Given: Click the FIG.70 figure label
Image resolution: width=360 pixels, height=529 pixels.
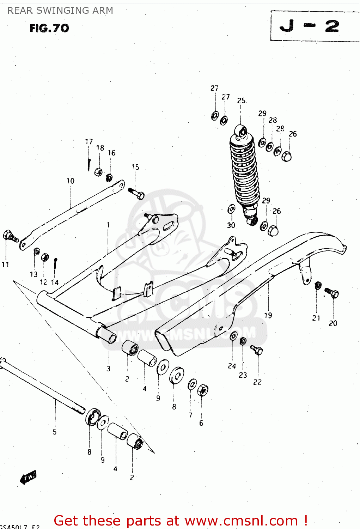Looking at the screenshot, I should point(49,28).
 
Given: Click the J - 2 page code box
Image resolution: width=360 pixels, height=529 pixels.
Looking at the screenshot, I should point(310,26).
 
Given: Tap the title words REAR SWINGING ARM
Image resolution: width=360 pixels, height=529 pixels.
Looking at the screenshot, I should point(60,11).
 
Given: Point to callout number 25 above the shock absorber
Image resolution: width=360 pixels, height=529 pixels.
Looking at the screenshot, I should point(241,101).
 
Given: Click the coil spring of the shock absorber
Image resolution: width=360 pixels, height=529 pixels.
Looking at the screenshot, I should point(244,169).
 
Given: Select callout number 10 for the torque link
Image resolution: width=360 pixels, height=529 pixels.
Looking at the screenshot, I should point(71,181).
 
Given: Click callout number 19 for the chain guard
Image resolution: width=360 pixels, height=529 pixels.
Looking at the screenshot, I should point(268,315).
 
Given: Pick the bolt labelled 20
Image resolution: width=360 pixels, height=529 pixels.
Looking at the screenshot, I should point(331,293).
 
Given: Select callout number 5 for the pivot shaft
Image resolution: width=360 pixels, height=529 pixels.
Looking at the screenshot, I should point(55,432).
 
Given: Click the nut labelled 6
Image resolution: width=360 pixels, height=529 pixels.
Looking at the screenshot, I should point(202,390).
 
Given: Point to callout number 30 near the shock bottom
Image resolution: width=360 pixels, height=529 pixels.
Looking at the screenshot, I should point(231,225).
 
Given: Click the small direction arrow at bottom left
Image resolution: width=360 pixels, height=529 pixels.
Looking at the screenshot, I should point(28,478).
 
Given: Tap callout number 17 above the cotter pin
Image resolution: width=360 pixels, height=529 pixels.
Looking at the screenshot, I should point(89,141).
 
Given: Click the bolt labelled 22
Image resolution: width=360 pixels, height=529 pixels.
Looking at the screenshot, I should point(257,350).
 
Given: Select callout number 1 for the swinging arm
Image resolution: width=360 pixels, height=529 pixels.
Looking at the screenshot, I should point(108,224).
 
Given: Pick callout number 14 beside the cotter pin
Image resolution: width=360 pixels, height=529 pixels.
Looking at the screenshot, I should point(55,282).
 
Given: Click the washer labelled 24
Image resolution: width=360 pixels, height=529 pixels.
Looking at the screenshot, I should point(233,336).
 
